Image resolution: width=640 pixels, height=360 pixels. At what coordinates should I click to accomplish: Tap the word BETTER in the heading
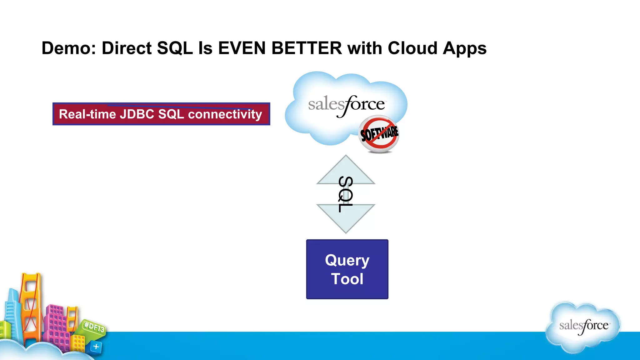(307, 48)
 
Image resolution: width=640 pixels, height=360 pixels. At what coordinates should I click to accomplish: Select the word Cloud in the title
(412, 48)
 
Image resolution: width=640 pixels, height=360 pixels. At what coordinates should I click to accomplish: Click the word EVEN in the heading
(242, 48)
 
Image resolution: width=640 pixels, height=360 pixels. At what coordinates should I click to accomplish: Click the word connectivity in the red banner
(225, 114)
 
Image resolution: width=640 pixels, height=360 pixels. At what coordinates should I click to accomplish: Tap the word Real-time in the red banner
(87, 114)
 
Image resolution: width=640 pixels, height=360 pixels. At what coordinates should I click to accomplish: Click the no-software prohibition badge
(379, 134)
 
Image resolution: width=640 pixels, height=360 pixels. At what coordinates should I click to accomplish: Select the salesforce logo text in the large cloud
(346, 105)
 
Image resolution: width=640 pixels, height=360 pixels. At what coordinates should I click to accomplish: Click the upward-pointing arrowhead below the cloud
(346, 170)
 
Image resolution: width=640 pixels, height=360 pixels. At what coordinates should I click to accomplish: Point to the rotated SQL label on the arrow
(346, 194)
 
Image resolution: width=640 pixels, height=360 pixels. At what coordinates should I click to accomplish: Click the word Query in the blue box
(347, 260)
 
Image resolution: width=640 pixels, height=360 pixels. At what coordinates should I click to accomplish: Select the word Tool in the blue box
(347, 279)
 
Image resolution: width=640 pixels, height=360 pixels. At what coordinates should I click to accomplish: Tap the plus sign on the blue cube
(96, 346)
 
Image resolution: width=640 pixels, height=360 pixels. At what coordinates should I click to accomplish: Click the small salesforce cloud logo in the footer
(583, 326)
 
